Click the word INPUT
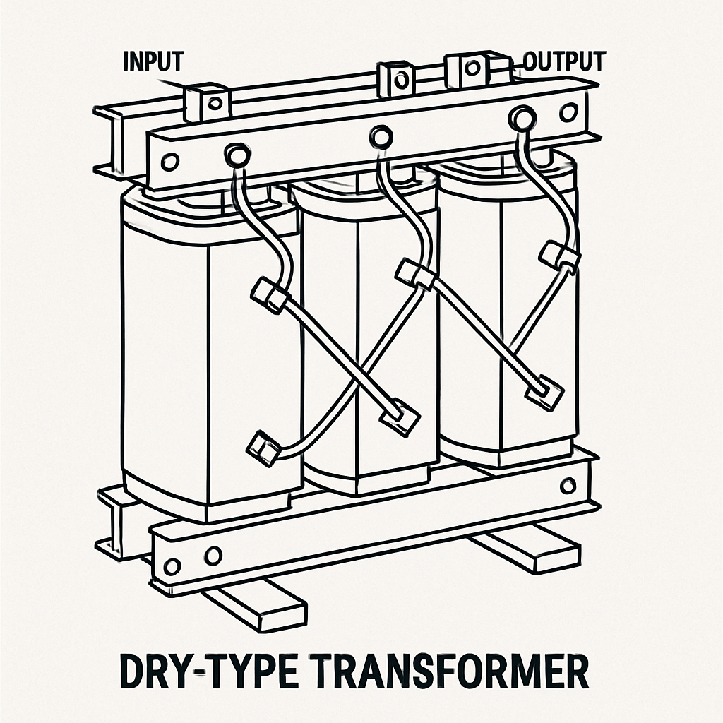153,61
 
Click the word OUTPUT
563,61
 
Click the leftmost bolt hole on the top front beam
169,160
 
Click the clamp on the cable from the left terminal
269,294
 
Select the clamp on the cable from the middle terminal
414,275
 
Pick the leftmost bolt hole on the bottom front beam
171,566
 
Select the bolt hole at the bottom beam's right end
568,486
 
